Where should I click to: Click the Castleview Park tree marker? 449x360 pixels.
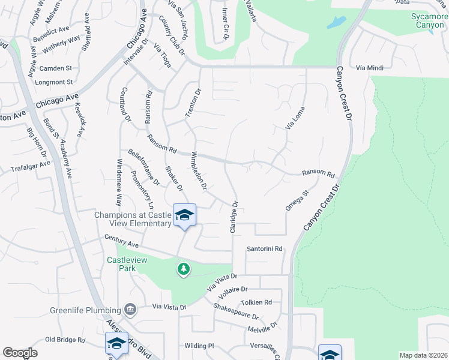pyautogui.click(x=184, y=269)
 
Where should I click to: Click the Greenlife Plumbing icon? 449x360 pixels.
pyautogui.click(x=130, y=310)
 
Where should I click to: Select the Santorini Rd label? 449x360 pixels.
pyautogui.click(x=265, y=248)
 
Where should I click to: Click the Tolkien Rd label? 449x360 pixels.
pyautogui.click(x=256, y=302)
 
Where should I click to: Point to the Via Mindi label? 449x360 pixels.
pyautogui.click(x=369, y=68)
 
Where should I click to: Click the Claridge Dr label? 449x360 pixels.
pyautogui.click(x=233, y=217)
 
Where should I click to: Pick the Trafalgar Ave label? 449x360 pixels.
pyautogui.click(x=31, y=166)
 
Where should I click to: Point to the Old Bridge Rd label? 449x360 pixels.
pyautogui.click(x=65, y=340)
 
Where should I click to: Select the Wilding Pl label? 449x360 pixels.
pyautogui.click(x=199, y=346)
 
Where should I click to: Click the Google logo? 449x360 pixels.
pyautogui.click(x=20, y=353)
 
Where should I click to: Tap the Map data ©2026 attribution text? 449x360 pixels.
pyautogui.click(x=423, y=355)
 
